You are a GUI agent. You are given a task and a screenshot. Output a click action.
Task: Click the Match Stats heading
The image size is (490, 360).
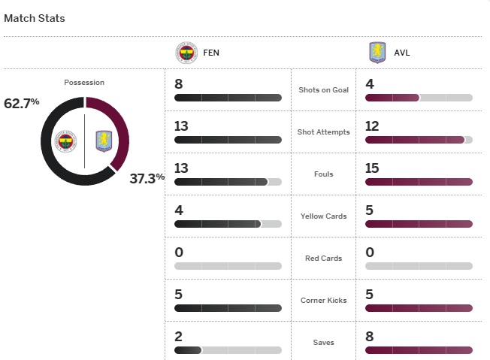point(35,18)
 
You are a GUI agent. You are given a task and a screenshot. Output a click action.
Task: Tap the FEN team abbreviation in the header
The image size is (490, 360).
point(211,53)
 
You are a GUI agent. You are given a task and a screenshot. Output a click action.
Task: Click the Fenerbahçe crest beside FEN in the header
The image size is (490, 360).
point(186,53)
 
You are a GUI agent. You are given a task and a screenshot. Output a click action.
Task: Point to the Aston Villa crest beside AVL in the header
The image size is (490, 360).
point(376,53)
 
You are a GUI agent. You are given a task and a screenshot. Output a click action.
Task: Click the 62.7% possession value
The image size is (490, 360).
point(22,102)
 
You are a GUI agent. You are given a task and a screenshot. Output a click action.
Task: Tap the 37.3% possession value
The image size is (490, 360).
point(147,178)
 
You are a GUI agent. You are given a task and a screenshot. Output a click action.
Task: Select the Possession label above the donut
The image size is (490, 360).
point(84,82)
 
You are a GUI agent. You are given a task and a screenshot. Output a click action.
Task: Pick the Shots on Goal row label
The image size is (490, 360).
point(324,90)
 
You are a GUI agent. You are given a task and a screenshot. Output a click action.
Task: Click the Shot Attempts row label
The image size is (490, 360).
point(324,132)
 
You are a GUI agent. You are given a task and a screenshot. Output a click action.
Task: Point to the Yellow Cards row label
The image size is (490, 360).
point(324,216)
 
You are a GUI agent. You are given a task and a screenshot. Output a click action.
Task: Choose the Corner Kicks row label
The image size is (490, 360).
point(324,301)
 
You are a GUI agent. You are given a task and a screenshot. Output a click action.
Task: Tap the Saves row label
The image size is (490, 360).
point(324,343)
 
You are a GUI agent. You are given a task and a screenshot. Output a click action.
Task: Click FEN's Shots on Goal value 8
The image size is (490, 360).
point(179,83)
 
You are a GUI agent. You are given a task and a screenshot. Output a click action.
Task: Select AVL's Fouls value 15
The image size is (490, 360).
point(373,168)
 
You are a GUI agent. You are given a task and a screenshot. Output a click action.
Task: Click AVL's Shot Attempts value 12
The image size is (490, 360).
point(373,126)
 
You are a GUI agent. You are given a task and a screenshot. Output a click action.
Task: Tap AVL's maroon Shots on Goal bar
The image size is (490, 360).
point(392,98)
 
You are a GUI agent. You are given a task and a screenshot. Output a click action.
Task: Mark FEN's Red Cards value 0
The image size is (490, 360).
point(179,252)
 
